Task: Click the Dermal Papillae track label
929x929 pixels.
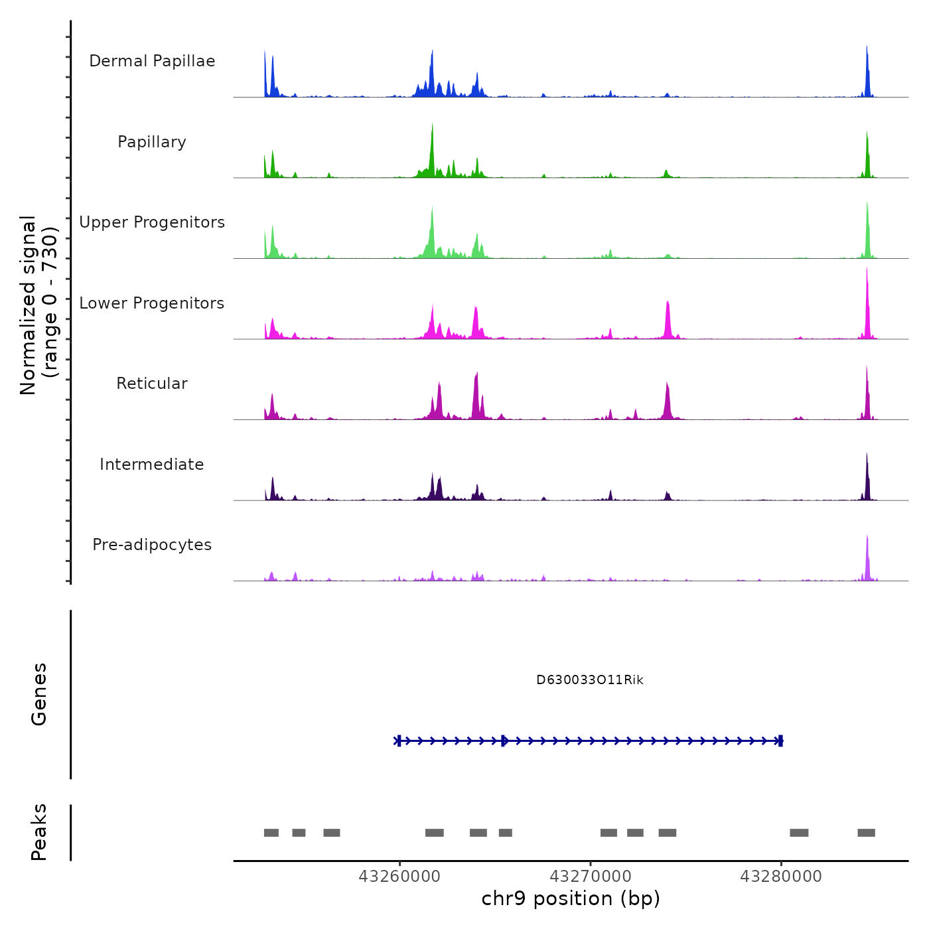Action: pyautogui.click(x=152, y=61)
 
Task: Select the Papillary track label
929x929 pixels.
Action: pyautogui.click(x=152, y=142)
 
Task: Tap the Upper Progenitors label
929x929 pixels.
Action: pyautogui.click(x=152, y=222)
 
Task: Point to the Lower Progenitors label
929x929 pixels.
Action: pyautogui.click(x=152, y=303)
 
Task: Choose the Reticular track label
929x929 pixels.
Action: pyautogui.click(x=152, y=384)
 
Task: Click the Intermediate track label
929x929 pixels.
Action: pyautogui.click(x=152, y=464)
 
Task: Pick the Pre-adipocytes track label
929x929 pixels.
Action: pyautogui.click(x=152, y=545)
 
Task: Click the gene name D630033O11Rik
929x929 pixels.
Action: pyautogui.click(x=589, y=680)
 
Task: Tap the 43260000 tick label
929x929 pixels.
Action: pyautogui.click(x=399, y=877)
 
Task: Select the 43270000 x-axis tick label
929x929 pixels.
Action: pyautogui.click(x=591, y=877)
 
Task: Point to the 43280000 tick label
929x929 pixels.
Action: pyautogui.click(x=781, y=877)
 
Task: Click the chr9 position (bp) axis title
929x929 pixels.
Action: pyautogui.click(x=571, y=898)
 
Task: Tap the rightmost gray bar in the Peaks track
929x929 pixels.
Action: pyautogui.click(x=866, y=833)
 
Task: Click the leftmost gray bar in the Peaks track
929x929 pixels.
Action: pyautogui.click(x=271, y=833)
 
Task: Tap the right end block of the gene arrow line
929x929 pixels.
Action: pyautogui.click(x=780, y=741)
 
